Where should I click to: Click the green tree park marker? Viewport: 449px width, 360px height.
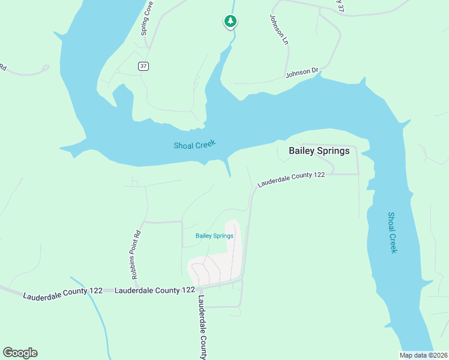point(230,22)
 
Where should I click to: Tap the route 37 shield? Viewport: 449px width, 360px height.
point(143,66)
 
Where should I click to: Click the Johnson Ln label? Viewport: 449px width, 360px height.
point(279,30)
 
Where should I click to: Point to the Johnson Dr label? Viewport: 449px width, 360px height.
point(302,73)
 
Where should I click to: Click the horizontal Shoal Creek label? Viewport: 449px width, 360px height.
point(194,145)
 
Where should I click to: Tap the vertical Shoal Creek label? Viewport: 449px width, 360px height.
point(392,232)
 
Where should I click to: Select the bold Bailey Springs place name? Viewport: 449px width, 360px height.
point(319,151)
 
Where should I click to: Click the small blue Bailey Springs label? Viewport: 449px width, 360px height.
point(214,236)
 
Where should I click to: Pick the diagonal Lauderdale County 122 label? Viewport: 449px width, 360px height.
point(291,179)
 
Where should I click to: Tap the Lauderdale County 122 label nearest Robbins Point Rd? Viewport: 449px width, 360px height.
point(154,290)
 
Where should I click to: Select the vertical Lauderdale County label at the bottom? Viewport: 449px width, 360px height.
point(202,327)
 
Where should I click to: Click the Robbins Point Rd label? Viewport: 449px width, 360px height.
point(136,254)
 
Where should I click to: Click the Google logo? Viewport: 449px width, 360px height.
point(20,353)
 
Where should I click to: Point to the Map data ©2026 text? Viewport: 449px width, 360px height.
point(423,355)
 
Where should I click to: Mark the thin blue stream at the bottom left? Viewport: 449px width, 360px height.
point(95,312)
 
